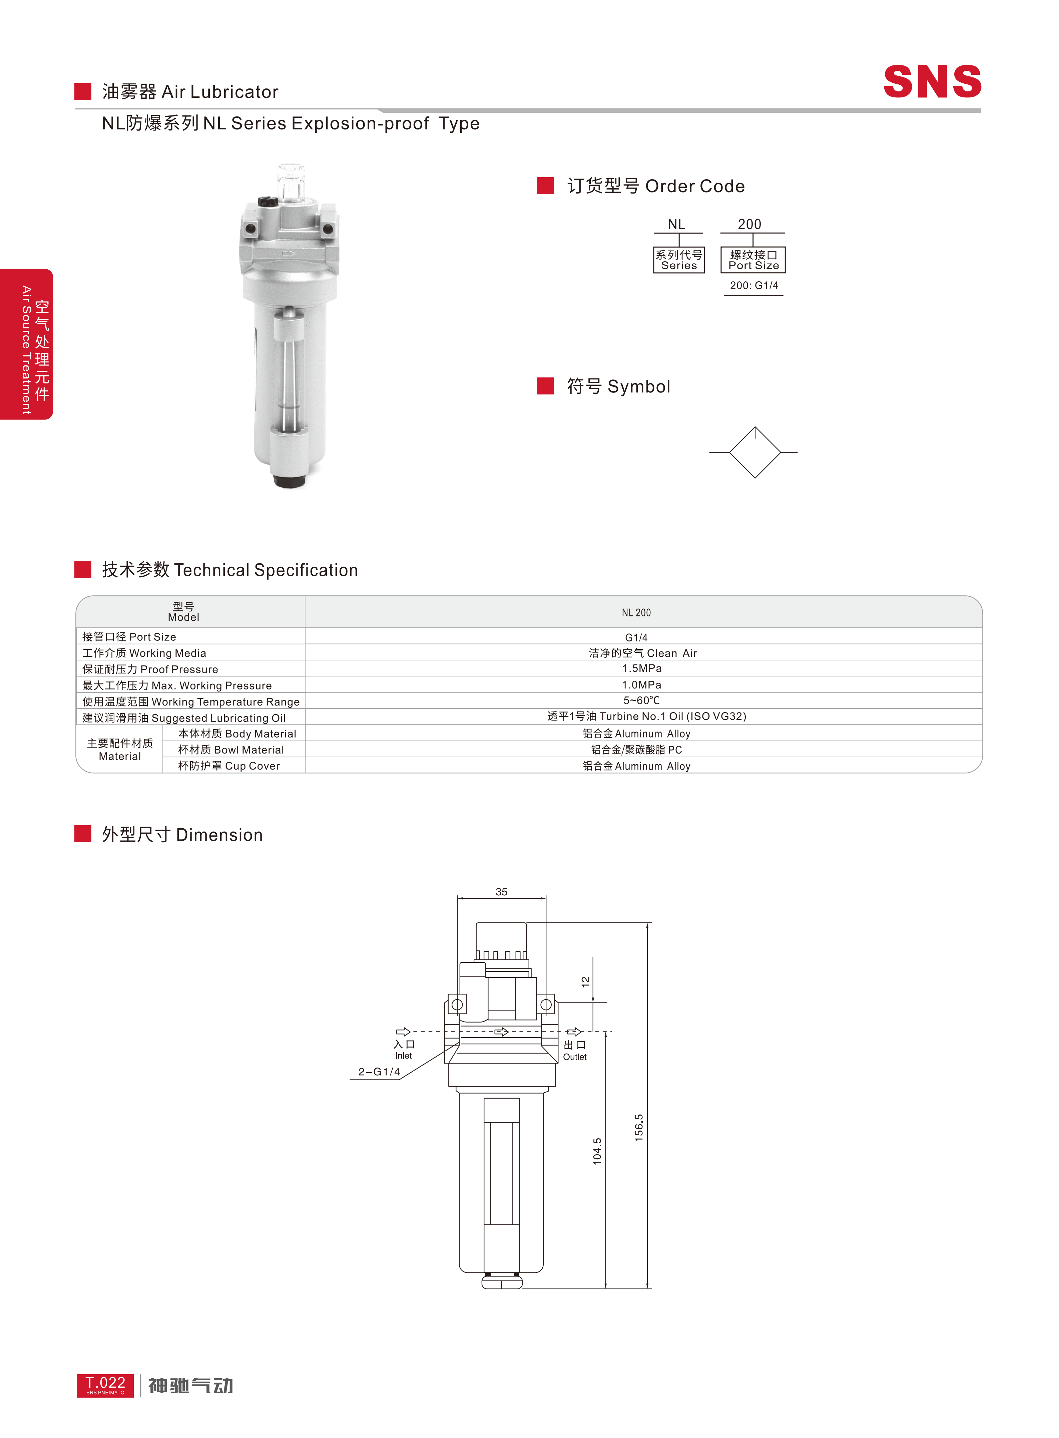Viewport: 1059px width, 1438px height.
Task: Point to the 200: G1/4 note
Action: pos(754,285)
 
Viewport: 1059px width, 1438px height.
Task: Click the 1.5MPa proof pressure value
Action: pos(642,668)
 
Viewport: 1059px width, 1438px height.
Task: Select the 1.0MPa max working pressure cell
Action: pos(642,684)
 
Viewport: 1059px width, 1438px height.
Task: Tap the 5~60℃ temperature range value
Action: pos(642,700)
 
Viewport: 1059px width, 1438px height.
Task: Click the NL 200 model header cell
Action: pos(636,612)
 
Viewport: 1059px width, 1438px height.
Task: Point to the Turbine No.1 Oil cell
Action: pos(646,716)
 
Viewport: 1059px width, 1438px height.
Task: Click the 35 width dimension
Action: pos(501,892)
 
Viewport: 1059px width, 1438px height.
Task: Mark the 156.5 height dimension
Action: pos(638,1127)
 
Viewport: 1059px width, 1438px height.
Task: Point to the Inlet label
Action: pos(403,1055)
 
